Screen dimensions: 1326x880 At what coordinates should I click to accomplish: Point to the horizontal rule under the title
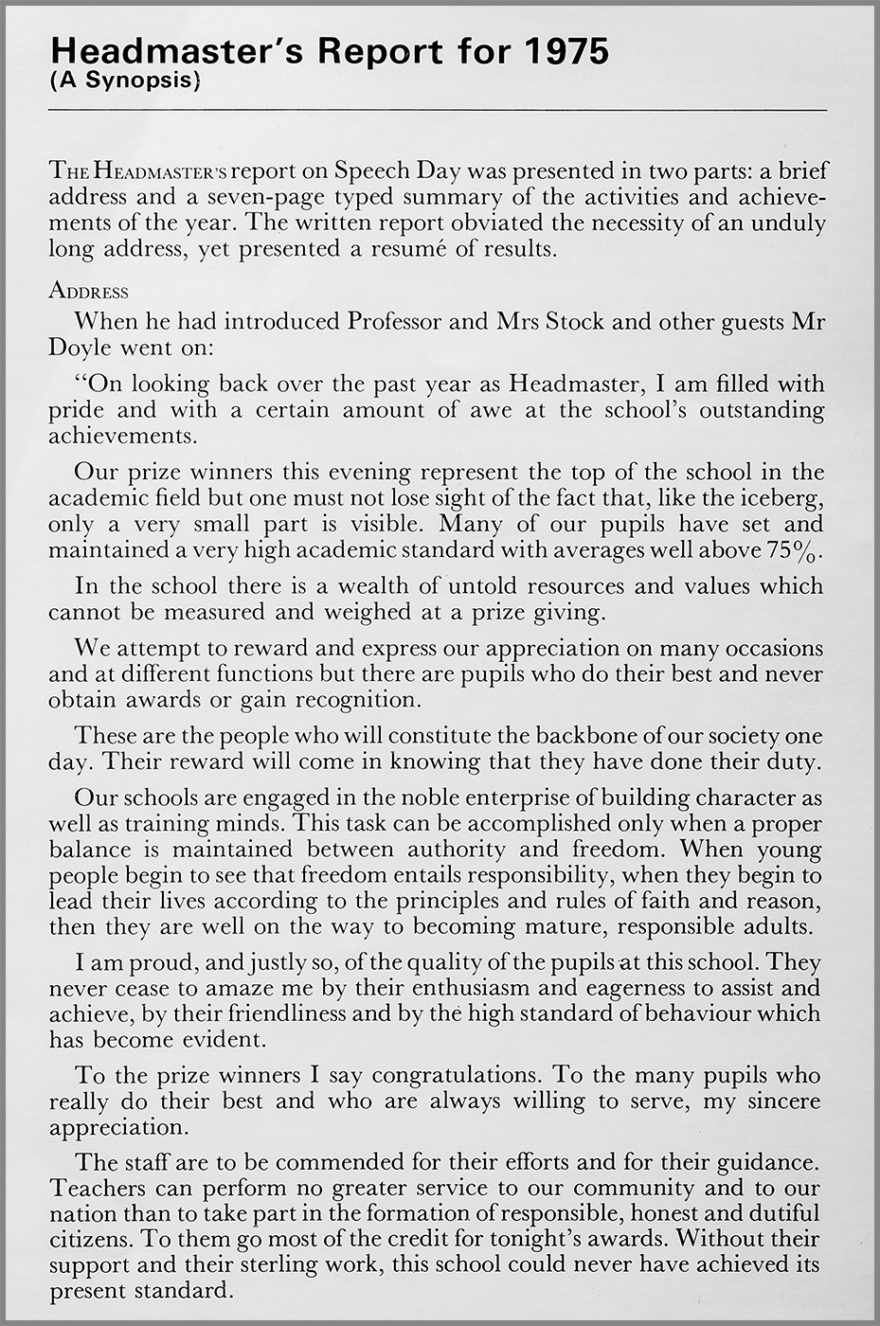coord(437,111)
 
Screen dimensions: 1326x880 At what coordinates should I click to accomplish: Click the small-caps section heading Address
coord(88,291)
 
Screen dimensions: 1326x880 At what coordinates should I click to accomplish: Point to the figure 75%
coord(794,549)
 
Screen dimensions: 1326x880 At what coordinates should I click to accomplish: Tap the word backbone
coord(615,736)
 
